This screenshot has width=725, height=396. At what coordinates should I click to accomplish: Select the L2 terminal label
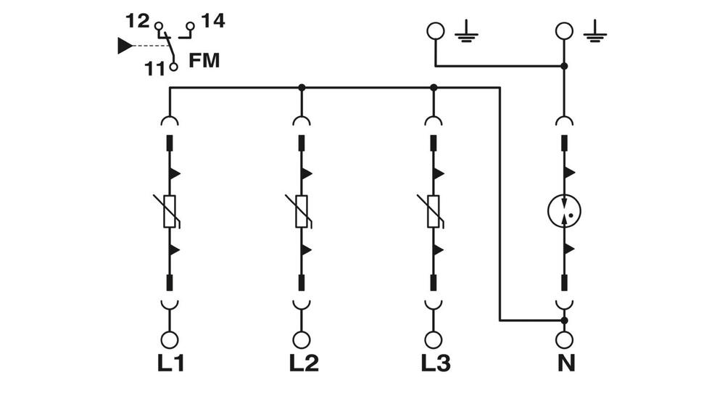pyautogui.click(x=303, y=363)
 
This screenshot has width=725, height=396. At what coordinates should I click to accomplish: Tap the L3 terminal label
pyautogui.click(x=434, y=363)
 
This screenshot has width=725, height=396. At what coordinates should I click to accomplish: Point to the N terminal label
pyautogui.click(x=565, y=363)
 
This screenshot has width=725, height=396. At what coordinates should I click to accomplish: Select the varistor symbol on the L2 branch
pyautogui.click(x=302, y=211)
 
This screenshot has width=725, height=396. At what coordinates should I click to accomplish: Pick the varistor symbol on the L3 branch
pyautogui.click(x=434, y=211)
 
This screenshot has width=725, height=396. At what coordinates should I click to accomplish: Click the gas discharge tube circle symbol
pyautogui.click(x=565, y=211)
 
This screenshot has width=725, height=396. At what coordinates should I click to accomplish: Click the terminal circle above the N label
pyautogui.click(x=565, y=339)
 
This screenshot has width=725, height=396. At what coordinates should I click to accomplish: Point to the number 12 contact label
pyautogui.click(x=137, y=21)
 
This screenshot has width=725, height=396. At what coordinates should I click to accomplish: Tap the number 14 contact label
pyautogui.click(x=213, y=21)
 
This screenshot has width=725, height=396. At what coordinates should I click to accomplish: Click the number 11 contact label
pyautogui.click(x=154, y=69)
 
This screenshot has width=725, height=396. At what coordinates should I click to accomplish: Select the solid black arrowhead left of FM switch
pyautogui.click(x=125, y=46)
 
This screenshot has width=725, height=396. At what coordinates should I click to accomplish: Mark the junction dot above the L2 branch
pyautogui.click(x=302, y=88)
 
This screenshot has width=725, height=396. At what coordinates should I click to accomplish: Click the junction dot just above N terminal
pyautogui.click(x=565, y=320)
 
